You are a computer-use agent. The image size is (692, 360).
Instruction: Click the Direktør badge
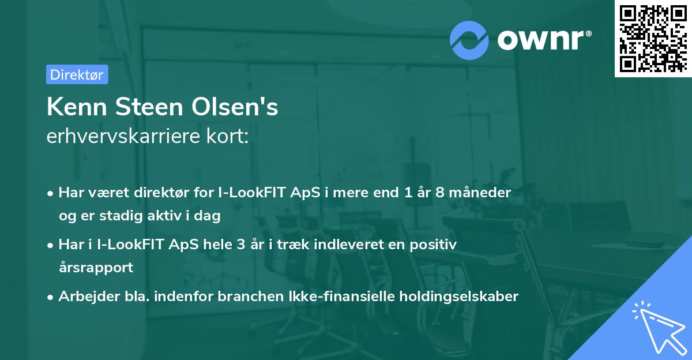(77, 74)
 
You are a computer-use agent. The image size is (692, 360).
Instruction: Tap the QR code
(653, 39)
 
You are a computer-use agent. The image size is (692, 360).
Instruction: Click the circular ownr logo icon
(469, 40)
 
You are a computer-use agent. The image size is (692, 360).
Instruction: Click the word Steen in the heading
(152, 107)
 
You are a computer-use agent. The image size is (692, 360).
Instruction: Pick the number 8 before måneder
(440, 193)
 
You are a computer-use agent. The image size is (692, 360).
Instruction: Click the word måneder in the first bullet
(480, 193)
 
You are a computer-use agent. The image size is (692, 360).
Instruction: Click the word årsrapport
(96, 268)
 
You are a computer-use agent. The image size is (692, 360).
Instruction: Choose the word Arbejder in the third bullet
(84, 297)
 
